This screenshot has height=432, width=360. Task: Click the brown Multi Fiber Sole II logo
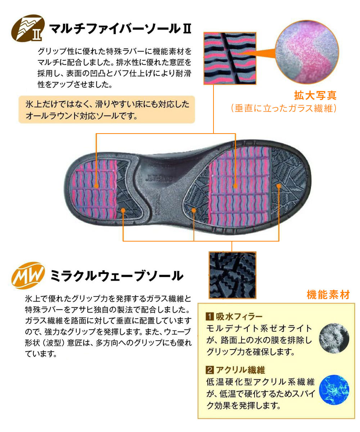(x=28, y=28)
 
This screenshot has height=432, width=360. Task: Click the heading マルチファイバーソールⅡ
(x=120, y=28)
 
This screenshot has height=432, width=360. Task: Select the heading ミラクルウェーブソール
(x=117, y=275)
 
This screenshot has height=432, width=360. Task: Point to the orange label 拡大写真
(x=315, y=95)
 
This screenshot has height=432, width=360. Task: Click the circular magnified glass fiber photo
(x=307, y=52)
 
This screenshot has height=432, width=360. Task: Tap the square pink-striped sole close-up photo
(x=230, y=58)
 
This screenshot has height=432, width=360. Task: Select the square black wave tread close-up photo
(x=233, y=275)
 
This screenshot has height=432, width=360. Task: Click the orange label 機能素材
(x=328, y=294)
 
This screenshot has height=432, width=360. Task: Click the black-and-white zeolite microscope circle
(x=334, y=338)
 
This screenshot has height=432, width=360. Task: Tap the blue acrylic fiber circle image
(x=334, y=390)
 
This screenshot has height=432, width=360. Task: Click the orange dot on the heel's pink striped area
(x=96, y=186)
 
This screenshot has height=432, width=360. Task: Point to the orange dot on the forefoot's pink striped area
(x=235, y=186)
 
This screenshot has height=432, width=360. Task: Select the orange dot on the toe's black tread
(x=279, y=186)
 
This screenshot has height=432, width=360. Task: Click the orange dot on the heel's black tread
(x=123, y=210)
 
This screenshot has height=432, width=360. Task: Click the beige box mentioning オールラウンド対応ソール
(x=107, y=109)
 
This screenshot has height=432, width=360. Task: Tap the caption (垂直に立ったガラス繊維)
(x=284, y=108)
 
